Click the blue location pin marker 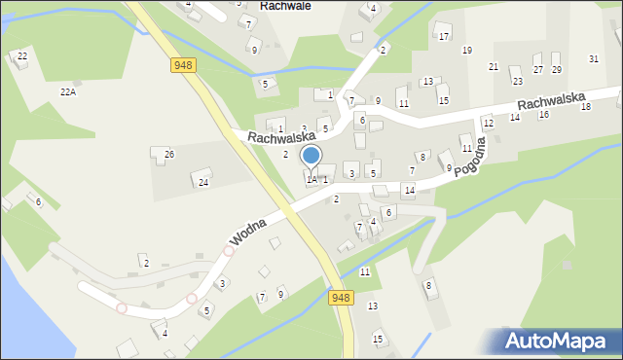point(311,157)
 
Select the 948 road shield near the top point(183,64)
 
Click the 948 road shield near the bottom point(340,298)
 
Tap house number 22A point(67,91)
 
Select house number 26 point(168,155)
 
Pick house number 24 point(203,182)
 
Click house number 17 point(444,37)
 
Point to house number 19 point(467,51)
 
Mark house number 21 point(494,66)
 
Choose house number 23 point(517,81)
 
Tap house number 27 point(538,70)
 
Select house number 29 point(557,70)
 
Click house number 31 point(594,59)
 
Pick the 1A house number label point(311,179)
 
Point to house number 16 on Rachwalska point(544,115)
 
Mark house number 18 point(586,106)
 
